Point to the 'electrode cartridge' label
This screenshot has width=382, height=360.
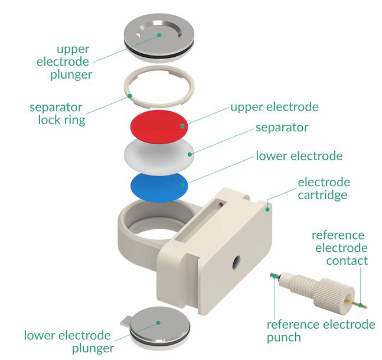click(x=324, y=189)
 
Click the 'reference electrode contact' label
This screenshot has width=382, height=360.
click(x=339, y=248)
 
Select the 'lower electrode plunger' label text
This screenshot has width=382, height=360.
click(x=67, y=342)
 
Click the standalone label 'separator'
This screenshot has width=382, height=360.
click(x=282, y=127)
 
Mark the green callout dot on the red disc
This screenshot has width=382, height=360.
click(x=184, y=125)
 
